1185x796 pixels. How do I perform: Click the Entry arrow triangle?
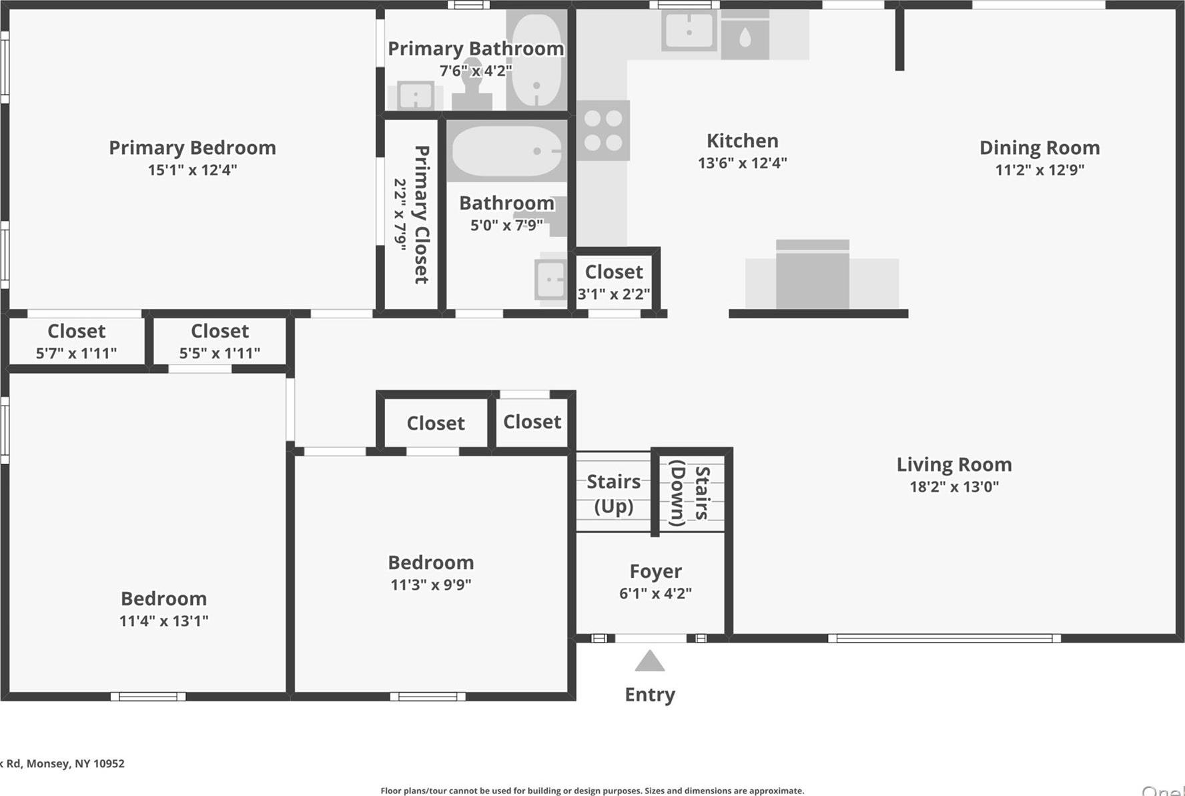[650, 661]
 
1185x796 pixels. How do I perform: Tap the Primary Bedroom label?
[192, 147]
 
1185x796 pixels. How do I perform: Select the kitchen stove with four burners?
[603, 130]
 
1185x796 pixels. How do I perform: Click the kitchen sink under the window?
[689, 31]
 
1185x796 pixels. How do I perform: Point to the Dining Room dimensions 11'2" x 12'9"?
[1040, 169]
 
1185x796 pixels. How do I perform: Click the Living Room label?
[953, 464]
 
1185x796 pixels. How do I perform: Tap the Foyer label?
[655, 571]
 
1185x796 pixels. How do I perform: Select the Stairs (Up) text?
[613, 493]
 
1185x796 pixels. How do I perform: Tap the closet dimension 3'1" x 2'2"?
[613, 294]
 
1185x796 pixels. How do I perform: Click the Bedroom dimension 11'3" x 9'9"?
[431, 584]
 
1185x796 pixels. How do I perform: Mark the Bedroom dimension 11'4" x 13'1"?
[163, 621]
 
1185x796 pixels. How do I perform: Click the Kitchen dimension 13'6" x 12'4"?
[742, 163]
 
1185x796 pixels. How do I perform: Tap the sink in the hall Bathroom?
[551, 279]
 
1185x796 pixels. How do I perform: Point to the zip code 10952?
[108, 763]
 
